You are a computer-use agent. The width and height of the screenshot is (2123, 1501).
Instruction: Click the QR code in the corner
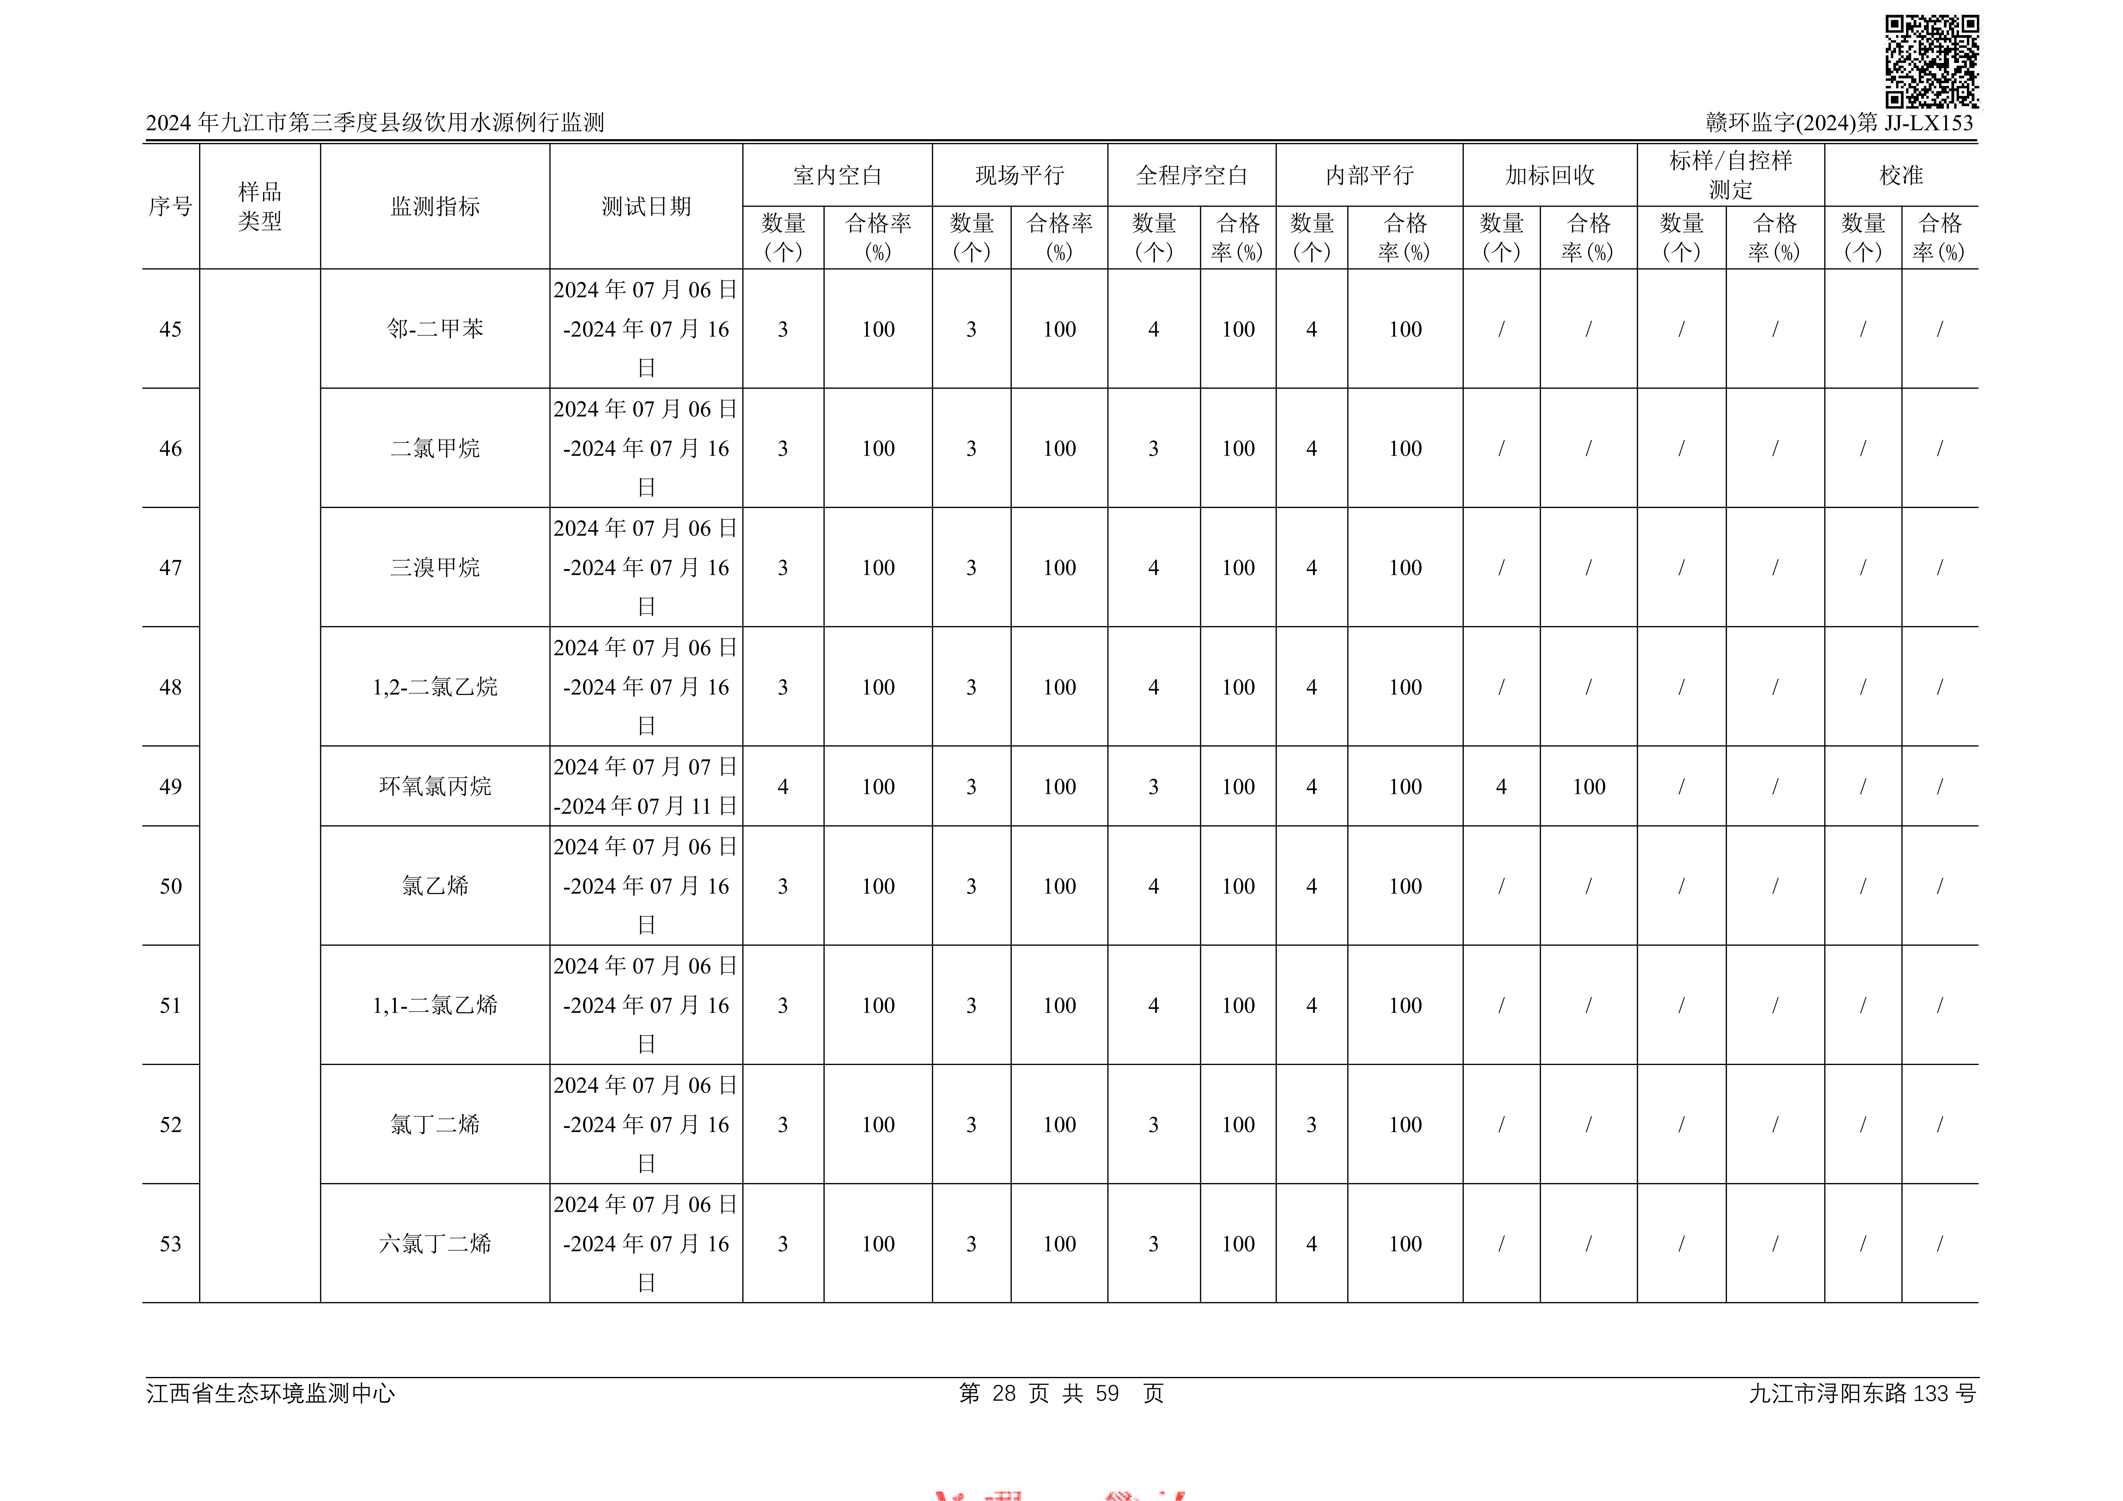coord(1931,61)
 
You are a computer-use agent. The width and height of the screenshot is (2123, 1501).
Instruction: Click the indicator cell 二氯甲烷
coord(435,448)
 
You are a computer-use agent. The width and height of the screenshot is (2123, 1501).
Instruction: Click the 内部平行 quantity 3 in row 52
coord(1311,1125)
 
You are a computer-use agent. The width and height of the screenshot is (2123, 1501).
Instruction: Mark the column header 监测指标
coord(435,206)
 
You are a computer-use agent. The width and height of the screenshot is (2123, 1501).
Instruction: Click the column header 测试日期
coord(645,206)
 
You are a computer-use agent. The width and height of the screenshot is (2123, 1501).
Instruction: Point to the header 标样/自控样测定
coord(1730,175)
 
